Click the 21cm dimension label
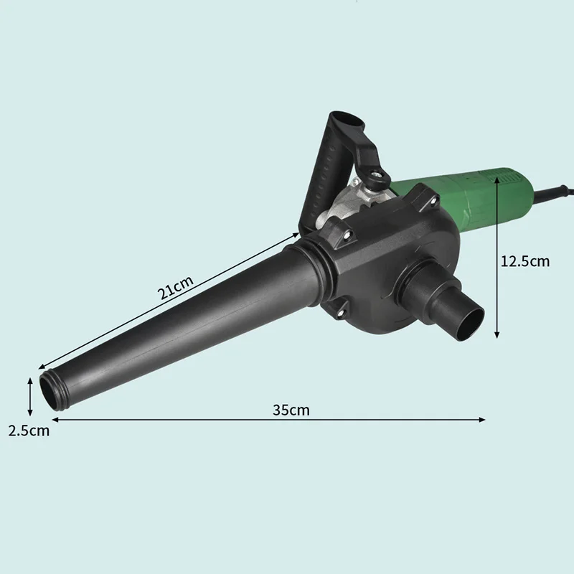point(175,288)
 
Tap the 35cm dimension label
point(291,410)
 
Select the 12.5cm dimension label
point(525,261)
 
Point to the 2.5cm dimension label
point(29,430)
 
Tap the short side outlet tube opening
point(469,324)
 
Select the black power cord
point(552,193)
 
